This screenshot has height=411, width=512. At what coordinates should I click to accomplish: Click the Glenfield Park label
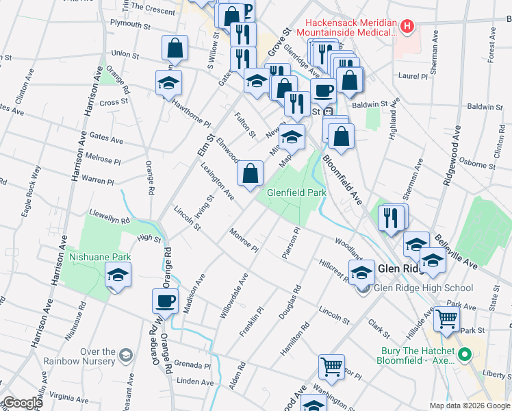[x=296, y=193]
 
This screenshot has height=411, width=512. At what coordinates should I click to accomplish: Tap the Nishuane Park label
[x=100, y=259]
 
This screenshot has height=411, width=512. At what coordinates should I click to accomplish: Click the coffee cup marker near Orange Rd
[x=165, y=301]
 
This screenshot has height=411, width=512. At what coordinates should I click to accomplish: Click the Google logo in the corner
[x=22, y=403]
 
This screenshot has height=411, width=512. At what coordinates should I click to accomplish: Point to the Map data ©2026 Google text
[x=469, y=406]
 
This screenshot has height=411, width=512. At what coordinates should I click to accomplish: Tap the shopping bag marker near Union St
[x=175, y=49]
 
